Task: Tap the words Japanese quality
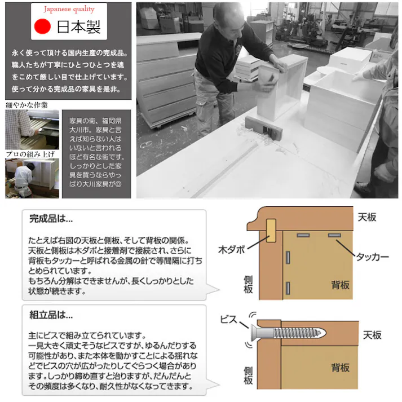tap(69, 9)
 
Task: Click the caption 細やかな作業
tap(26, 105)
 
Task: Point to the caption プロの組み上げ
tap(30, 154)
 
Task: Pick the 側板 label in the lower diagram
tap(248, 376)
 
